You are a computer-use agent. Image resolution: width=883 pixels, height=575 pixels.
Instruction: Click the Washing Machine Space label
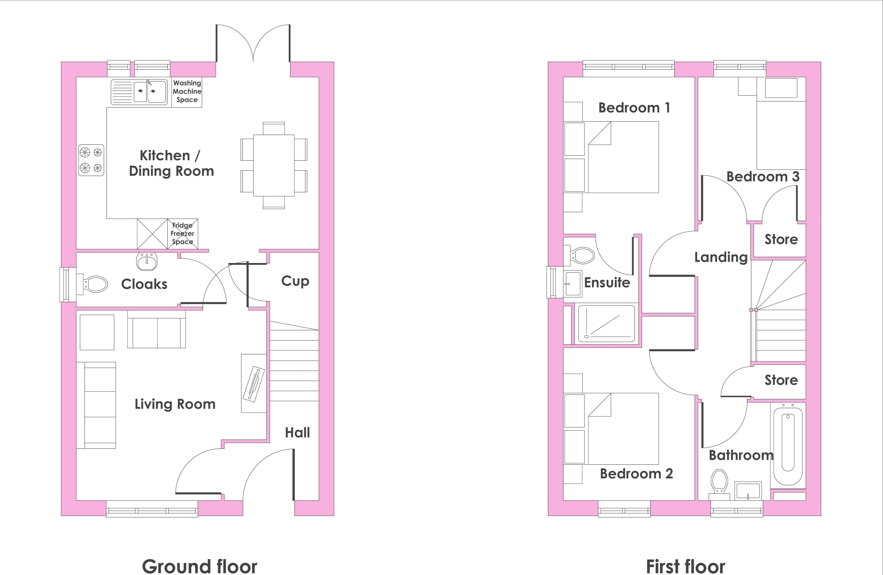(187, 91)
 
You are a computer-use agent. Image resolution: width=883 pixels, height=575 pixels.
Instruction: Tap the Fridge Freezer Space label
(182, 233)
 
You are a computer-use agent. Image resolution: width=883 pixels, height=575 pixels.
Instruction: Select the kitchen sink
(139, 92)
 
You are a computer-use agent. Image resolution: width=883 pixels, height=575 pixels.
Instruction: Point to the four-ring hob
(91, 160)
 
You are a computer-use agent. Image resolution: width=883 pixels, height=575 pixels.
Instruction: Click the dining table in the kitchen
(274, 165)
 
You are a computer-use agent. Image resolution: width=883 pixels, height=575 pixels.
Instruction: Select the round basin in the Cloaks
(146, 261)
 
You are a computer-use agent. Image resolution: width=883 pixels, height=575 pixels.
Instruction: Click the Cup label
(295, 282)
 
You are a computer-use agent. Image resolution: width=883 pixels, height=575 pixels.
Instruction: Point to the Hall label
(297, 432)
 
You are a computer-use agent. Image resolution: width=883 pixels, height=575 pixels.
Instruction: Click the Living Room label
(175, 404)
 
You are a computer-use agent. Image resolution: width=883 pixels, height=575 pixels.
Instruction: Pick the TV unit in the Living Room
(254, 383)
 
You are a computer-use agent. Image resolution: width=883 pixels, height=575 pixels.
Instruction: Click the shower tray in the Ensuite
(606, 323)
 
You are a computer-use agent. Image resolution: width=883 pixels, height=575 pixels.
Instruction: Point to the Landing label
(721, 257)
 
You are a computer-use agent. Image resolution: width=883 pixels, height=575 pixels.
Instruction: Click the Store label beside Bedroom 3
(781, 240)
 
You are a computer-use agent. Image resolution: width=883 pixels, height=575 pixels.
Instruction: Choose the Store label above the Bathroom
(781, 380)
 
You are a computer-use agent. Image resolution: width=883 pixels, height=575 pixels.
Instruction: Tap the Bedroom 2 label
(636, 474)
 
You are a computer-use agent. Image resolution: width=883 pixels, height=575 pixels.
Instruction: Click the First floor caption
(685, 567)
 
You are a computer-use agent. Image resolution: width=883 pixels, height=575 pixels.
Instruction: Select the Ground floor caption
(200, 567)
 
